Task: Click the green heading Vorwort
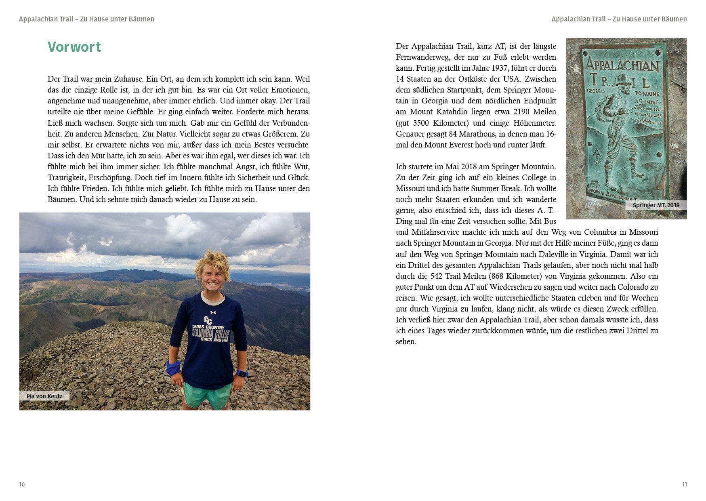(x=74, y=47)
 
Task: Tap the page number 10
(x=22, y=484)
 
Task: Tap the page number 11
(x=684, y=484)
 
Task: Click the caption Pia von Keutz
(x=44, y=396)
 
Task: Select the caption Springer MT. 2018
(x=656, y=205)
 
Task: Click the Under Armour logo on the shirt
(x=214, y=312)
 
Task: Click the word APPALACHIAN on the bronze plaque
(x=622, y=65)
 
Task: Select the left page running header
(x=86, y=19)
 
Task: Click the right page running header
(x=619, y=19)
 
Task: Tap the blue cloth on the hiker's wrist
(x=174, y=368)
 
